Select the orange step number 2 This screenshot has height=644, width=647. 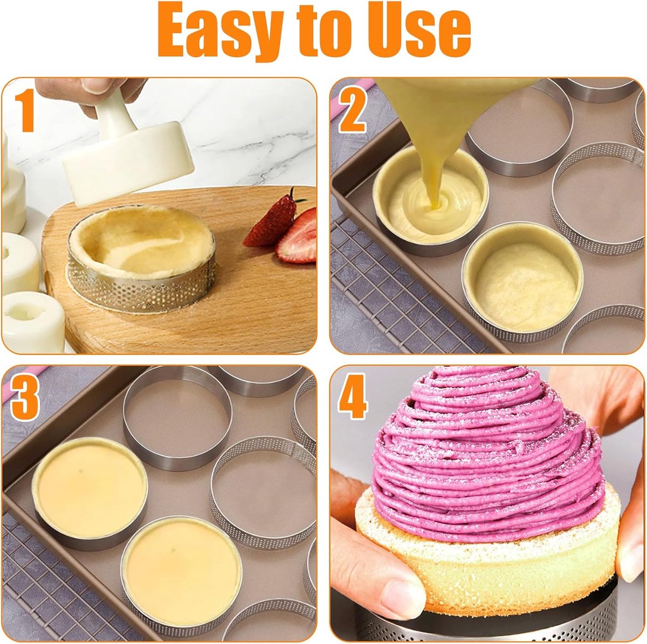tap(352, 111)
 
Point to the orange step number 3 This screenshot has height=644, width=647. tap(24, 399)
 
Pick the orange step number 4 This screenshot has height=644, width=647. tap(353, 396)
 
